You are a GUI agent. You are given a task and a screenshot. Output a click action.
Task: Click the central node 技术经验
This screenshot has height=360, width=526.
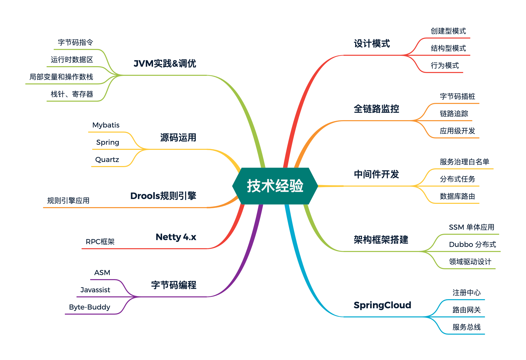(275, 186)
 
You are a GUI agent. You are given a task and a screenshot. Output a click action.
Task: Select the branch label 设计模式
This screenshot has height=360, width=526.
(372, 44)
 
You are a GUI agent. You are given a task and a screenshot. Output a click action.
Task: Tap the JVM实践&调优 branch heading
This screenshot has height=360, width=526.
(165, 63)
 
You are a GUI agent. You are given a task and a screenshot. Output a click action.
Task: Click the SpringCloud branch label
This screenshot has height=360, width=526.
(382, 305)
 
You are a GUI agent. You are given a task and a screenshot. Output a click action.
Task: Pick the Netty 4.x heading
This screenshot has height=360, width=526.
(176, 237)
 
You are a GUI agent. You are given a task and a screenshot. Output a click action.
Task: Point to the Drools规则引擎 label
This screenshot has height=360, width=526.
(163, 196)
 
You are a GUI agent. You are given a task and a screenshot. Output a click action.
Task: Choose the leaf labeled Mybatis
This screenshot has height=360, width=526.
(106, 125)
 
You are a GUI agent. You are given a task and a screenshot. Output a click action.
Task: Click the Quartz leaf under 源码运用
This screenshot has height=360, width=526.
(107, 159)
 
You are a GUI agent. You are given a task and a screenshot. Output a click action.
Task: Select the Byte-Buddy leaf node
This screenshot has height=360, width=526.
(90, 307)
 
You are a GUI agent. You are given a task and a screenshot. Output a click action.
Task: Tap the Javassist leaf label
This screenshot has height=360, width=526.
(95, 290)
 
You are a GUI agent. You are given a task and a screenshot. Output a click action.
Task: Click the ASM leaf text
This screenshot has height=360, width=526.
(102, 273)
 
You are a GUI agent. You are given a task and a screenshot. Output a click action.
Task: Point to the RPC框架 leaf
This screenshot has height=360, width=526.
(100, 242)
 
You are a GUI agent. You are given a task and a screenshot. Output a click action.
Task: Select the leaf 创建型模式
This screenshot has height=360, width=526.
(448, 31)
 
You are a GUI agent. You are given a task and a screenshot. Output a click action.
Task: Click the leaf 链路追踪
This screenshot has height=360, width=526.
(454, 114)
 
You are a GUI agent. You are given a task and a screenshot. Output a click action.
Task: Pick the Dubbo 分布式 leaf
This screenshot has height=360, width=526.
(472, 244)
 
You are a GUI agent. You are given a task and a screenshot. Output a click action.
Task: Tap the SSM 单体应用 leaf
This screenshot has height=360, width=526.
(472, 227)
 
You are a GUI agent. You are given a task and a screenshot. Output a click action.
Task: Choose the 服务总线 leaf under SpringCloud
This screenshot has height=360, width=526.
(466, 327)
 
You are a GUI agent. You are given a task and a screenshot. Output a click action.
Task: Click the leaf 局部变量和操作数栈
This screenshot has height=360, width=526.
(61, 77)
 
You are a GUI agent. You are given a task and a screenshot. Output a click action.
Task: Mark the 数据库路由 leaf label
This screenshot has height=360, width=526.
(457, 196)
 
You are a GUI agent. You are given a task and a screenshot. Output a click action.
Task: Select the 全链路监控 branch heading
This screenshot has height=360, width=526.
(376, 109)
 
